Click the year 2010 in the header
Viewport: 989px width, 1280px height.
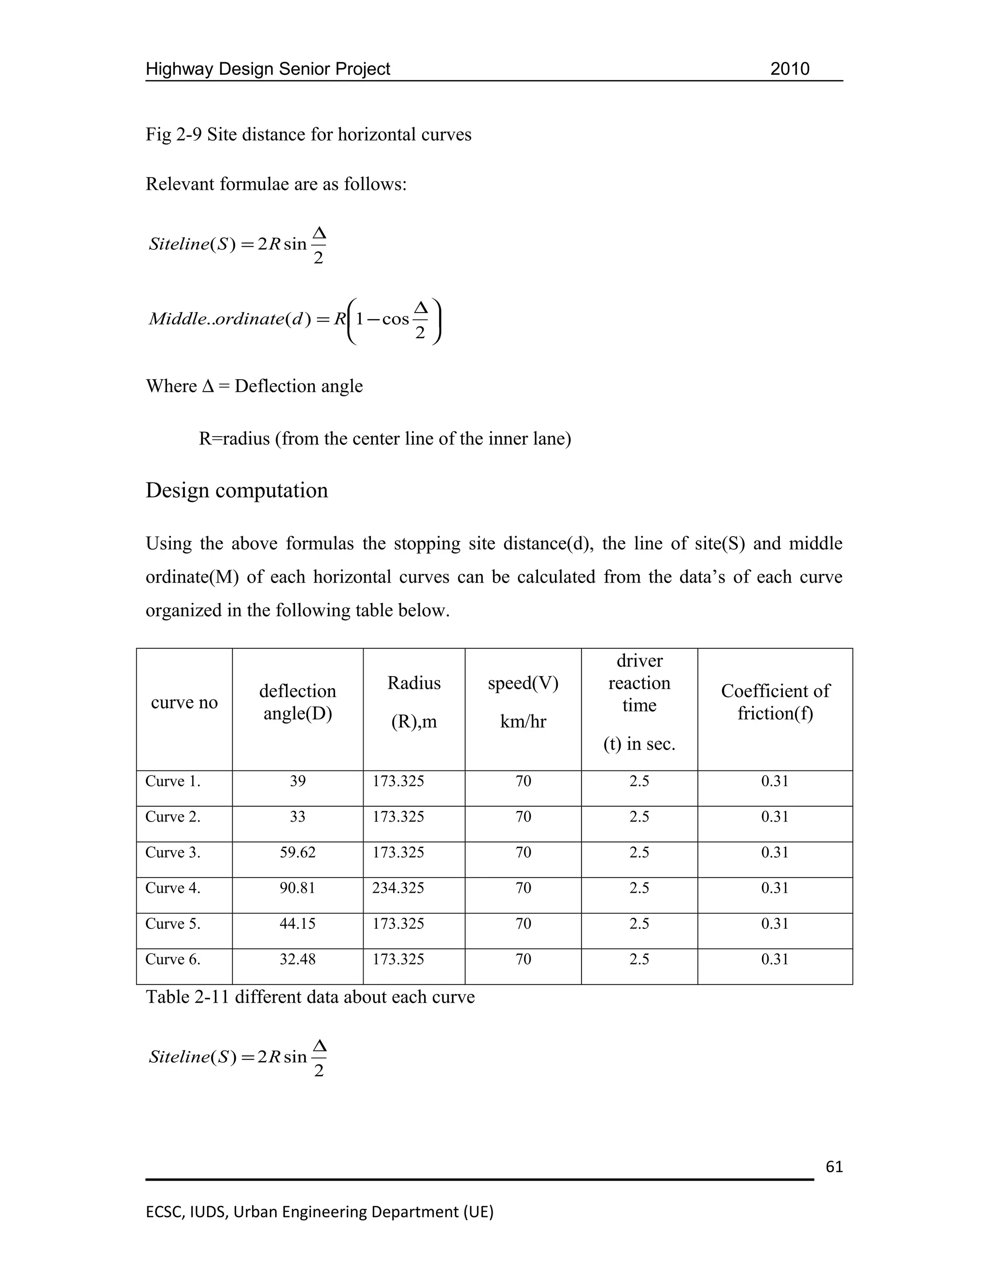point(789,69)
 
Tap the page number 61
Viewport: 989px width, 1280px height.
point(834,1166)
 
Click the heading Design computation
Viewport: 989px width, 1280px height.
point(237,490)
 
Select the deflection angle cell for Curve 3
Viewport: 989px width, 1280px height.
point(297,852)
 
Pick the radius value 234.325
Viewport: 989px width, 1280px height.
point(398,888)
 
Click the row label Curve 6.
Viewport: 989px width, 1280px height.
point(173,959)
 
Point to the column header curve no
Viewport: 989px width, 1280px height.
point(184,702)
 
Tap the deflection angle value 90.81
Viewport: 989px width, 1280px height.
point(297,888)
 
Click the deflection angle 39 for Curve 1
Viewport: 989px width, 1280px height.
point(297,781)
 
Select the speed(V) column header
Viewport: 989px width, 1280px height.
point(523,683)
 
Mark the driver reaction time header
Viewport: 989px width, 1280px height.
point(639,683)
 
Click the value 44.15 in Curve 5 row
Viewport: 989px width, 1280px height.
point(297,924)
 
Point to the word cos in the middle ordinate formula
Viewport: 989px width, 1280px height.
point(396,319)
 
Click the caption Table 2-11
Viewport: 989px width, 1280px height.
point(187,997)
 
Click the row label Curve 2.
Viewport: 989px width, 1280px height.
point(173,817)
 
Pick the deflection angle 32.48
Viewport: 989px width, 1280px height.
point(297,959)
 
